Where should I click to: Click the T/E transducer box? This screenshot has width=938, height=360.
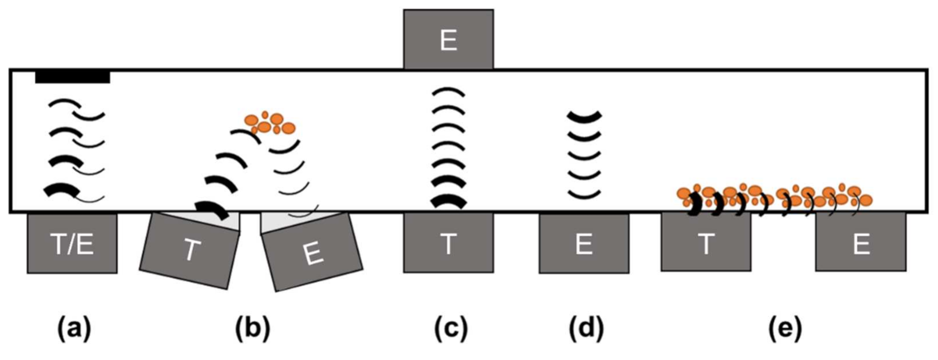point(72,244)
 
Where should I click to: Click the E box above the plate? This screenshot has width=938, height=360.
point(448,39)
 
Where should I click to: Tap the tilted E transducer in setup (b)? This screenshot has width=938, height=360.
point(312,252)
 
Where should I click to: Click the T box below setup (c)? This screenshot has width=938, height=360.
point(448,243)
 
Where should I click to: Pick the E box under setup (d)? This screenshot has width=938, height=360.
point(584,244)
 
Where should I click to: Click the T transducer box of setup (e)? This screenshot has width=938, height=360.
point(706,242)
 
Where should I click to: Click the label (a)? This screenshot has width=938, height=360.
point(74,329)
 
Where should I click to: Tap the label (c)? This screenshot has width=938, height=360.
point(451,329)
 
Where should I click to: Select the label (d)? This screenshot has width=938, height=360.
point(586,329)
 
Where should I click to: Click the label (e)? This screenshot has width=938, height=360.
point(785,329)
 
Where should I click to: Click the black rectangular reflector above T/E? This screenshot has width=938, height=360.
point(73,77)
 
